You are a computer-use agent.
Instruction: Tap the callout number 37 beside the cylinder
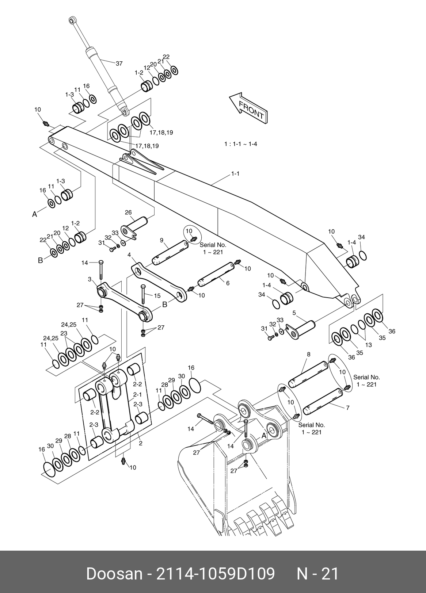tap(119, 64)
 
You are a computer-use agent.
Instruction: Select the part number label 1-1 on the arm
tap(235, 173)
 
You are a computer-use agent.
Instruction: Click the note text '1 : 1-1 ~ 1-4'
tap(240, 144)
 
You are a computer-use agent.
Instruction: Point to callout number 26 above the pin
tap(128, 212)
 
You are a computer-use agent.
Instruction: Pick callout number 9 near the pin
tap(161, 240)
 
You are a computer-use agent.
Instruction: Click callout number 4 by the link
tap(129, 255)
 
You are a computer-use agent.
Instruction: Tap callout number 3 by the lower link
tap(90, 279)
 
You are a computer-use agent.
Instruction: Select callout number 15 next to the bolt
tap(157, 296)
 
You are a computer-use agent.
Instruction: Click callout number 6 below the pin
tap(228, 283)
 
